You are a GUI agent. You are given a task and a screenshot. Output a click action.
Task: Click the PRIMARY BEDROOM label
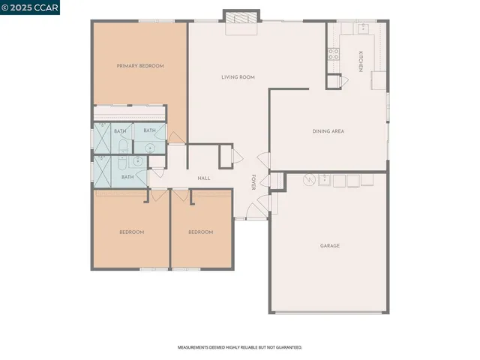tap(140, 66)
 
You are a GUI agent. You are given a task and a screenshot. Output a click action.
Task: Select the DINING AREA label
tap(328, 131)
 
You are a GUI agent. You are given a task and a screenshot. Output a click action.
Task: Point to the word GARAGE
tap(330, 245)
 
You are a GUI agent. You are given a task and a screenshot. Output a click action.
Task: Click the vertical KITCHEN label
tap(361, 61)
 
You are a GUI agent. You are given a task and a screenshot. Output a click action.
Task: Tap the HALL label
tap(203, 178)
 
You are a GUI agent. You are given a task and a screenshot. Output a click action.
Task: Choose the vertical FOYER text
tap(253, 182)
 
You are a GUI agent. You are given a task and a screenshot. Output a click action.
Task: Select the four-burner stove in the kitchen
tap(333, 53)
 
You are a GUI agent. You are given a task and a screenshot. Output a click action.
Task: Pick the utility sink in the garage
tap(323, 180)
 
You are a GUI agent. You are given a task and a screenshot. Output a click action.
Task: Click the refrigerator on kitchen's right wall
tap(378, 79)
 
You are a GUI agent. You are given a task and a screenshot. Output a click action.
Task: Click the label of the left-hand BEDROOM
tap(132, 232)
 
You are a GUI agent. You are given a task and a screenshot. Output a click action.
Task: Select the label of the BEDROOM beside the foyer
tap(200, 232)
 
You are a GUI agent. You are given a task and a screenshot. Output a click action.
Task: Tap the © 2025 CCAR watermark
tap(30, 7)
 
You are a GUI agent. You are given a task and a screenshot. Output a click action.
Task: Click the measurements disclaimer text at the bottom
tap(239, 348)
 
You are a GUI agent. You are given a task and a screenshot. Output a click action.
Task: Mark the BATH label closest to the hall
tap(127, 177)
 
